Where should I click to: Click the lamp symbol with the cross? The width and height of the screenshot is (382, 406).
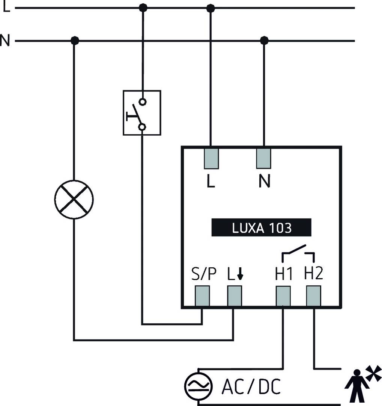click(74, 199)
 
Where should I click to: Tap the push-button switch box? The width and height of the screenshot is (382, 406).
click(142, 112)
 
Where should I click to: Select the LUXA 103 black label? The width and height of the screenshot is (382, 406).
click(262, 228)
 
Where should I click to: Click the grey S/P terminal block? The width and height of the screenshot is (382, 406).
click(202, 296)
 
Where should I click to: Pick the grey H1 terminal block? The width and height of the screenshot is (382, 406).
click(283, 296)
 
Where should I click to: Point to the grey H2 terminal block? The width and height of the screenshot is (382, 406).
click(313, 296)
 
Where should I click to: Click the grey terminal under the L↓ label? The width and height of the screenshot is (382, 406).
click(235, 296)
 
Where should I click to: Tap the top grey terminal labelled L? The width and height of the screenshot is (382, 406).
click(211, 158)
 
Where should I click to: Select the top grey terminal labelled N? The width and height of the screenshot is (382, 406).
click(264, 158)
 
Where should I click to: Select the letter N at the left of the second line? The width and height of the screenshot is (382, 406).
click(5, 41)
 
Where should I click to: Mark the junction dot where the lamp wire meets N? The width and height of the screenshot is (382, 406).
click(75, 40)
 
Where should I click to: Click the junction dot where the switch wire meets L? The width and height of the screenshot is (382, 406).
click(143, 7)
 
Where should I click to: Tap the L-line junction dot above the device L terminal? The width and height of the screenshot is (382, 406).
click(211, 8)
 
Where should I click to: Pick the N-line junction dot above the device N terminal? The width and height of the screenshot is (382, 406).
click(264, 40)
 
